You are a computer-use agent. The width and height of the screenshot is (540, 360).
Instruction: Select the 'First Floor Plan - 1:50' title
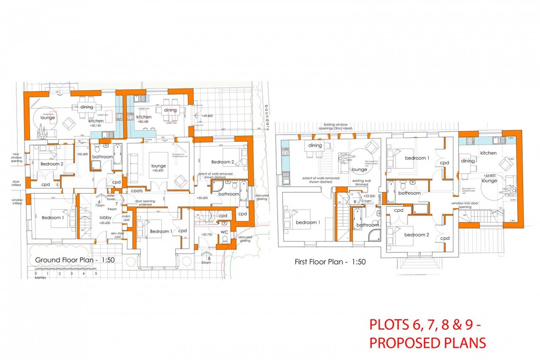(330, 261)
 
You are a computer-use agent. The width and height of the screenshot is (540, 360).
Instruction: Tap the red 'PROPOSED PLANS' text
(427, 342)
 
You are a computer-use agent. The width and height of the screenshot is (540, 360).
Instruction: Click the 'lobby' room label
(105, 217)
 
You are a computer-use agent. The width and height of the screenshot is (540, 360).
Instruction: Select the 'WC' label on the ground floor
(224, 232)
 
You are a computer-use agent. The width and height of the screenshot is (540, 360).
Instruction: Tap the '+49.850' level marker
(207, 116)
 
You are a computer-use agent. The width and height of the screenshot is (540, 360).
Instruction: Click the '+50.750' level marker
(207, 234)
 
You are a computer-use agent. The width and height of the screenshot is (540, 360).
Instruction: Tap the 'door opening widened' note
(147, 203)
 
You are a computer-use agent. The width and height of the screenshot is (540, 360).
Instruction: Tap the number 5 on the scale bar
(96, 273)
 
